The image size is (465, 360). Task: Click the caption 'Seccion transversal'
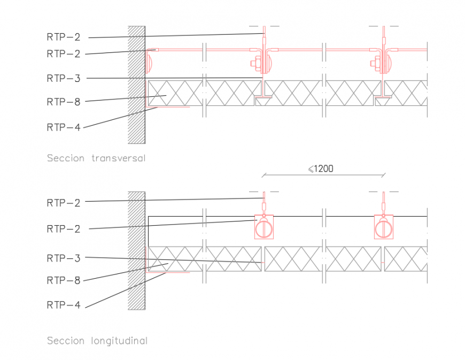[x=96, y=158]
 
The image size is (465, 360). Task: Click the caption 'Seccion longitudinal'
[x=97, y=341]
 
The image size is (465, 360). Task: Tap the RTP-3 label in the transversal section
[x=63, y=78]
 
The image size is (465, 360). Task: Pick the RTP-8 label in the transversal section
[x=63, y=102]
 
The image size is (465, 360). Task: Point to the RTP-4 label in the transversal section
[x=63, y=127]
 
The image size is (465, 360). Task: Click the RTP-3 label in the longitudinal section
[x=63, y=258]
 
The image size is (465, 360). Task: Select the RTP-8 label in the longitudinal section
[x=63, y=280]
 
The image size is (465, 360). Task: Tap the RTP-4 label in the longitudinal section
[x=63, y=305]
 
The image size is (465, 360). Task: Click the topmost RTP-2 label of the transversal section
[x=63, y=37]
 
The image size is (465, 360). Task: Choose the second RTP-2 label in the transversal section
[x=63, y=53]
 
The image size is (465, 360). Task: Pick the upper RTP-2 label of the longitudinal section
[x=63, y=203]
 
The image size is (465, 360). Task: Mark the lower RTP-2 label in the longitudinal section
[x=63, y=229]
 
